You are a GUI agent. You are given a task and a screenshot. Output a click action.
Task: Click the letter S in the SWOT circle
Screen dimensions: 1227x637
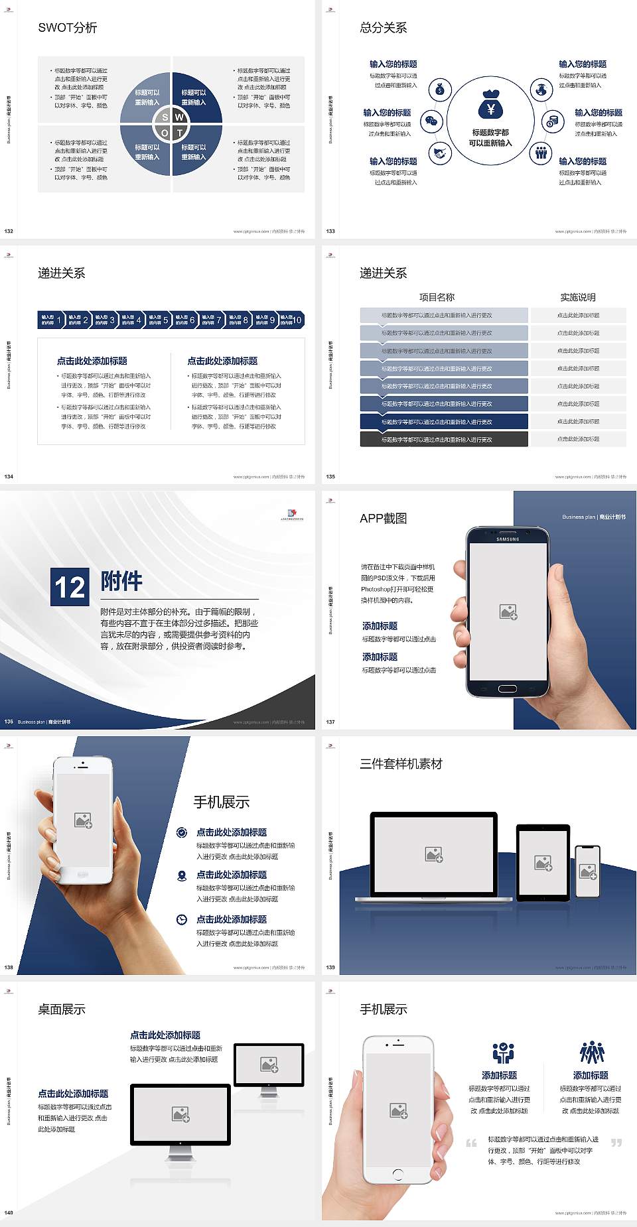click(x=165, y=117)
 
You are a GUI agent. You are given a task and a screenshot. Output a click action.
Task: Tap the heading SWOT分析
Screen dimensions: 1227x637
click(x=67, y=28)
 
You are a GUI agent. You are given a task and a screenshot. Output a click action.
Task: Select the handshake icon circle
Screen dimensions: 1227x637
click(x=439, y=153)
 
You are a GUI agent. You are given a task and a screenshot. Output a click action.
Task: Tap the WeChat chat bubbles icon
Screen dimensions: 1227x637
click(x=433, y=121)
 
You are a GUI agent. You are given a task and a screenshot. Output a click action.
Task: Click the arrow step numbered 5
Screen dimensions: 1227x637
click(x=158, y=320)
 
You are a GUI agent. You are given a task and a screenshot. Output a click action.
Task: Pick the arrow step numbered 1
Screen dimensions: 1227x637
click(x=51, y=320)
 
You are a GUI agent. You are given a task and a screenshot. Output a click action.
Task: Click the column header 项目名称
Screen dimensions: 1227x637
click(x=437, y=297)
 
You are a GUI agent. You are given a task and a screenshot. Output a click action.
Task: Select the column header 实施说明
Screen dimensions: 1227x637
click(x=577, y=297)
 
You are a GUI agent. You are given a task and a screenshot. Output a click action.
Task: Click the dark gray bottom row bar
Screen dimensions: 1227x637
click(x=444, y=439)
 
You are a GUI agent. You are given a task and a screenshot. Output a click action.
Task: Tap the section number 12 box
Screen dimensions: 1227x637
click(x=70, y=587)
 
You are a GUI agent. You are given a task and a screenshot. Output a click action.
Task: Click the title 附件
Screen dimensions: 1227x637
click(x=121, y=581)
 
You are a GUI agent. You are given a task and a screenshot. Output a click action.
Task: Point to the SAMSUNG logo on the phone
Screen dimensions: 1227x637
click(x=508, y=539)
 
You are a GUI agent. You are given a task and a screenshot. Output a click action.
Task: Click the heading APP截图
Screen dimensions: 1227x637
click(x=383, y=519)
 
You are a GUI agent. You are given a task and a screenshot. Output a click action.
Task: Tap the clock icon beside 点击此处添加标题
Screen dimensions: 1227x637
click(x=182, y=919)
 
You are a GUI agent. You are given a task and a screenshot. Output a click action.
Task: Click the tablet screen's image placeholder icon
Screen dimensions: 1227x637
click(x=543, y=863)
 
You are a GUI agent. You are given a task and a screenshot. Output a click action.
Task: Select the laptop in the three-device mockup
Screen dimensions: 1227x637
click(x=434, y=857)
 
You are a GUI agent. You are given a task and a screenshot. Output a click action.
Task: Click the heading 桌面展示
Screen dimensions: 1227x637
click(x=62, y=1009)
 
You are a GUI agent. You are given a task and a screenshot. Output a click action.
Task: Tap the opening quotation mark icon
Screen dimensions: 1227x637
click(x=471, y=1143)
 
